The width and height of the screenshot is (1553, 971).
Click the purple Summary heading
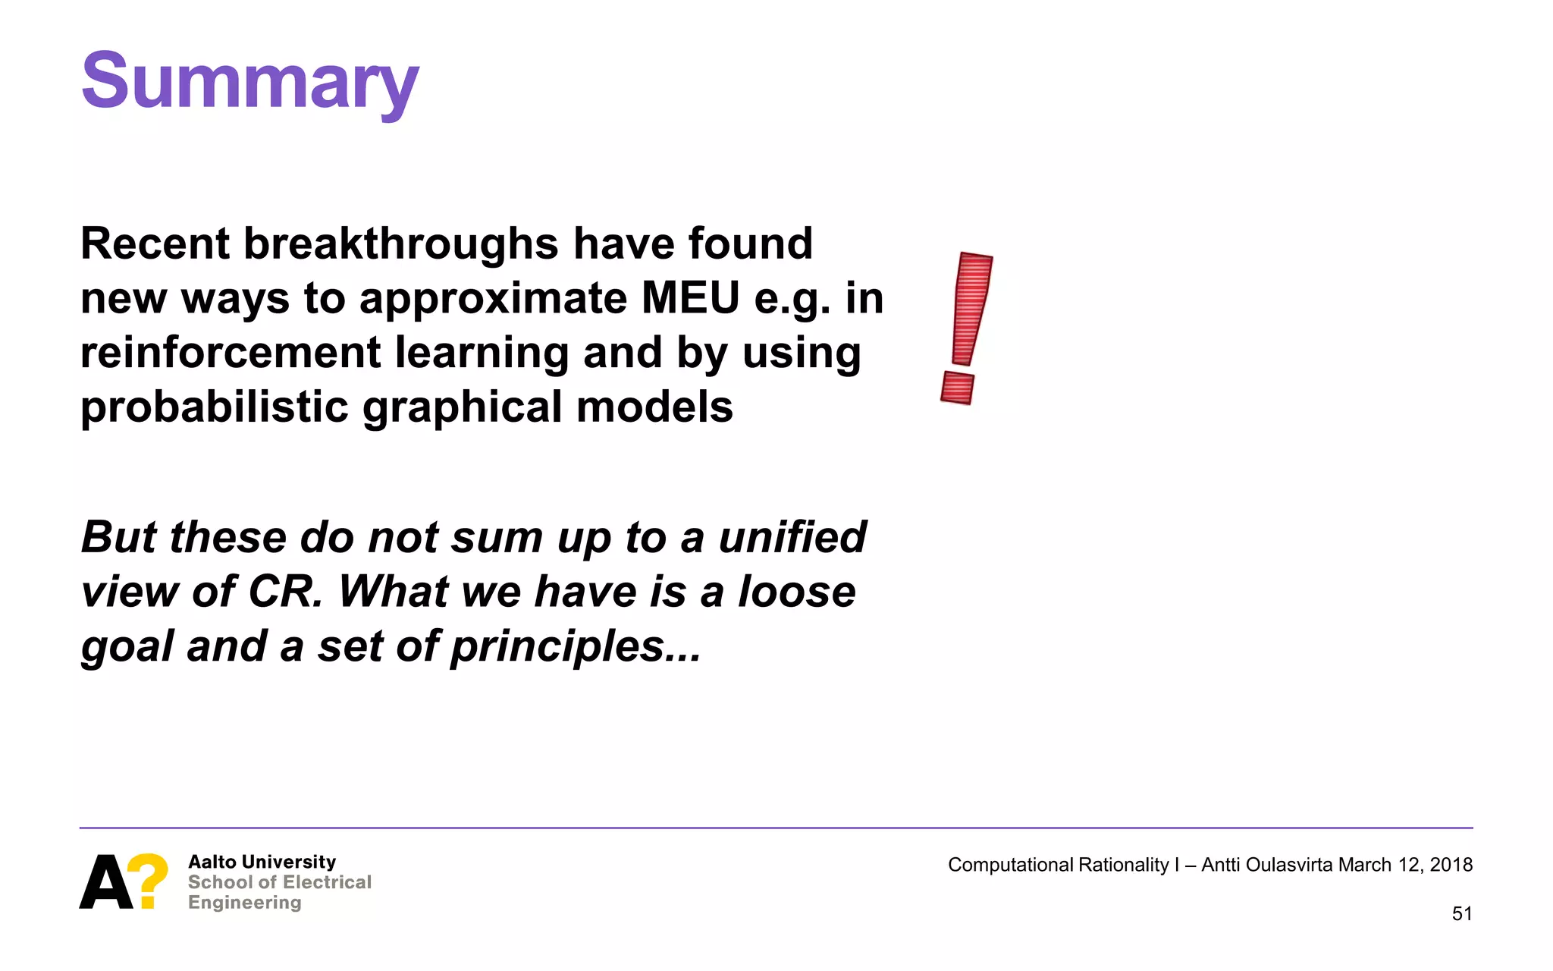249,82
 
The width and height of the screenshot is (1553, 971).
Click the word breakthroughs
401,244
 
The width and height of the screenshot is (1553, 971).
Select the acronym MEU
690,298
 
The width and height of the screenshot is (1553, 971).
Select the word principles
558,647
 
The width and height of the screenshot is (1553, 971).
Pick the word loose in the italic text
797,592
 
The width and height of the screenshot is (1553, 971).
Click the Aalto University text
262,863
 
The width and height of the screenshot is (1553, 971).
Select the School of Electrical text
279,882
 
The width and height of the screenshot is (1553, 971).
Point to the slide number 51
1462,914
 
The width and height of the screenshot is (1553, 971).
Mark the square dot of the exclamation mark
957,388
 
